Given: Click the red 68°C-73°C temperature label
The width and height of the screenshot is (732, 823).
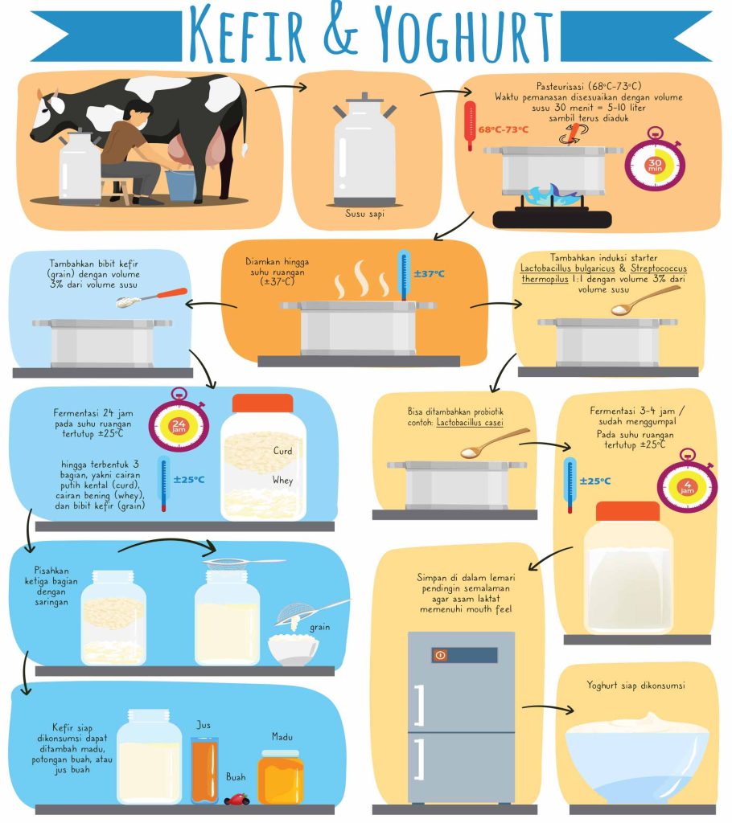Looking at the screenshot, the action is (504, 129).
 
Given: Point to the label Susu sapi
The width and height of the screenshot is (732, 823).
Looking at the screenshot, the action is (364, 214).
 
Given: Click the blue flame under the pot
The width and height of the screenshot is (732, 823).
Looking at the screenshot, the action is (552, 195).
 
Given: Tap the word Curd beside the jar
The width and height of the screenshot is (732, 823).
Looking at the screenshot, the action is (282, 451).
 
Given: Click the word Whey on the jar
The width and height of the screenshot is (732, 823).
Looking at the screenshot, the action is (282, 480).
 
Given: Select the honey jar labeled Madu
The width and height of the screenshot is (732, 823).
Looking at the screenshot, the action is (281, 777).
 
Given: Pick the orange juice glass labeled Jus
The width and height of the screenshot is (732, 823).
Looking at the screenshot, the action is (204, 769).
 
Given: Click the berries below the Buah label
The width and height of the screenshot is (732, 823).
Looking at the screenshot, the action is (236, 799).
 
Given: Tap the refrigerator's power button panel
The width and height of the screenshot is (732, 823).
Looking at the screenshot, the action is (464, 654).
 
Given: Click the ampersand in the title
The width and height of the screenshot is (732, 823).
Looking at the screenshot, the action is (340, 31).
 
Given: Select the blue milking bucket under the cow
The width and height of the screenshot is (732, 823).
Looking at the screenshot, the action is (180, 185).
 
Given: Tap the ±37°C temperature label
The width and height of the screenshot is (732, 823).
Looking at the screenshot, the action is (430, 273).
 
